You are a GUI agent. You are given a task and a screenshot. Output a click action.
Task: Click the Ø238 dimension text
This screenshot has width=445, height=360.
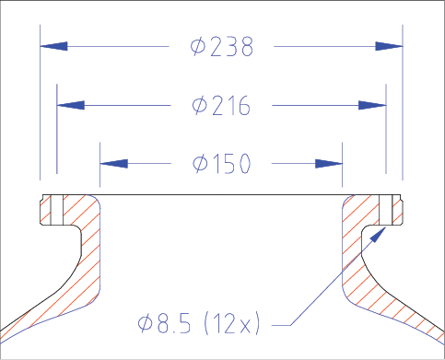point(222,47)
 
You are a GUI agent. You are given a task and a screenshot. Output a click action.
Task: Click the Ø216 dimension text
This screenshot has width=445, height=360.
point(221,105)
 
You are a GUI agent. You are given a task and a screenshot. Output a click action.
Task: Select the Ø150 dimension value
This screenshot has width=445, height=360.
point(222,163)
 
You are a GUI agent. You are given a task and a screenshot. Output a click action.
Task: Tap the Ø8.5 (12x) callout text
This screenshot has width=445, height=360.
point(199,323)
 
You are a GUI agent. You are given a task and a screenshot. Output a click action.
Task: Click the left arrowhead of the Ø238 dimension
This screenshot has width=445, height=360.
point(53,46)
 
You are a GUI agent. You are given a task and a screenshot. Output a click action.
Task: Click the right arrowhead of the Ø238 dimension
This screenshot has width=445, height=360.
point(389,46)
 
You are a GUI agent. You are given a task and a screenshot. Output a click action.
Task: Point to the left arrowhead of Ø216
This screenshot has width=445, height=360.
point(71,105)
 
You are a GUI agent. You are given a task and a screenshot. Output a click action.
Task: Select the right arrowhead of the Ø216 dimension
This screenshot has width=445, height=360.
point(372,105)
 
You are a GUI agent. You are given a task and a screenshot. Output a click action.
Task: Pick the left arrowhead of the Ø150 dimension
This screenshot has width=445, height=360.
point(113,164)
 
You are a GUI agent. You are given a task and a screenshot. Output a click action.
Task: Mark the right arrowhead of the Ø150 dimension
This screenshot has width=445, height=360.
point(329,164)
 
